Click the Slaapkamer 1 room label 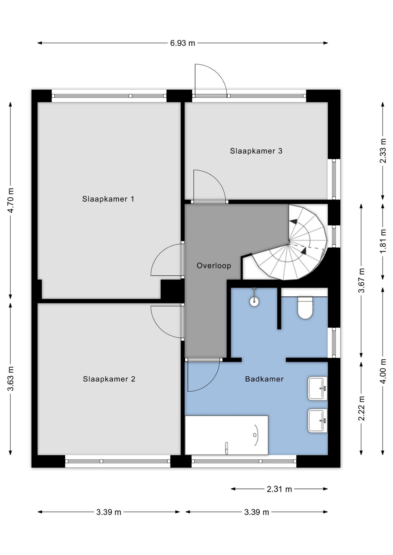[108, 199]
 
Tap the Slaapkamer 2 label [109, 379]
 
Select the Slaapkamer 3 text [256, 151]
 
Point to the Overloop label [214, 266]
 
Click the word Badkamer [264, 379]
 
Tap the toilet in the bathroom [305, 307]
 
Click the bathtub [227, 435]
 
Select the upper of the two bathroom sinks [317, 388]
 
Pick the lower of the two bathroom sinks [317, 421]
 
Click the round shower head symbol [254, 302]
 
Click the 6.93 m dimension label [183, 43]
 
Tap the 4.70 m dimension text [11, 200]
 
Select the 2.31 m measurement [279, 489]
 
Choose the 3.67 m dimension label [361, 280]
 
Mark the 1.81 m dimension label [383, 241]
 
